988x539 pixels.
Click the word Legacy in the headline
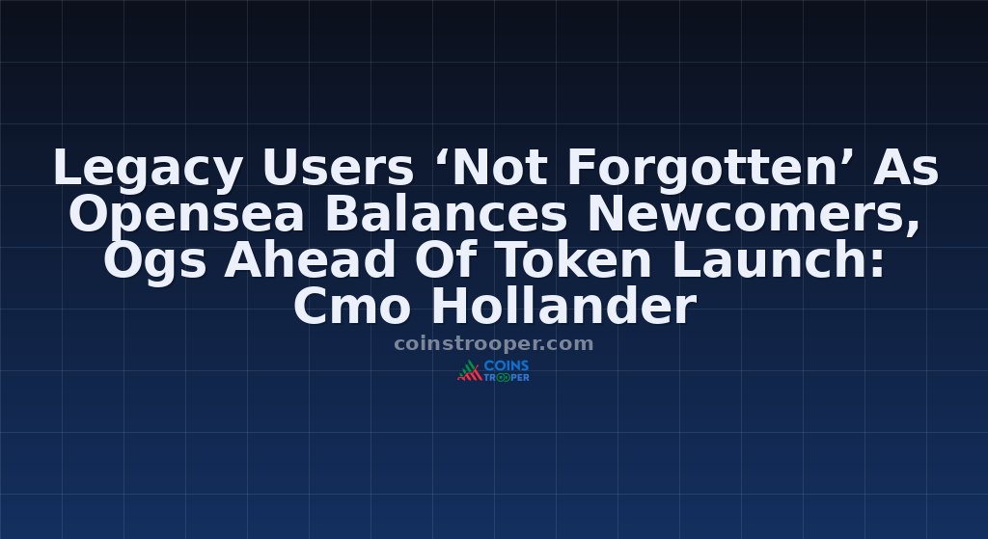click(x=148, y=169)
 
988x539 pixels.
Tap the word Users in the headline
click(x=338, y=168)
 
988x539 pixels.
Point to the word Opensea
click(x=186, y=215)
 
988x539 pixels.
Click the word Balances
click(x=446, y=214)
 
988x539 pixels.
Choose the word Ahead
click(x=310, y=260)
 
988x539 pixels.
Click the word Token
click(x=572, y=260)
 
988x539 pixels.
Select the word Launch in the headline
click(x=771, y=260)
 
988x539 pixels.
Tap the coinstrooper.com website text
click(x=493, y=344)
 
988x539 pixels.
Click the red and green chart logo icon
click(x=470, y=371)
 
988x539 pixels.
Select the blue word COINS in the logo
click(x=507, y=365)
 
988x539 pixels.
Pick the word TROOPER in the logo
click(x=507, y=377)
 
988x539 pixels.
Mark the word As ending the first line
click(x=905, y=168)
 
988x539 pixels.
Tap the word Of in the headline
click(x=444, y=260)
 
